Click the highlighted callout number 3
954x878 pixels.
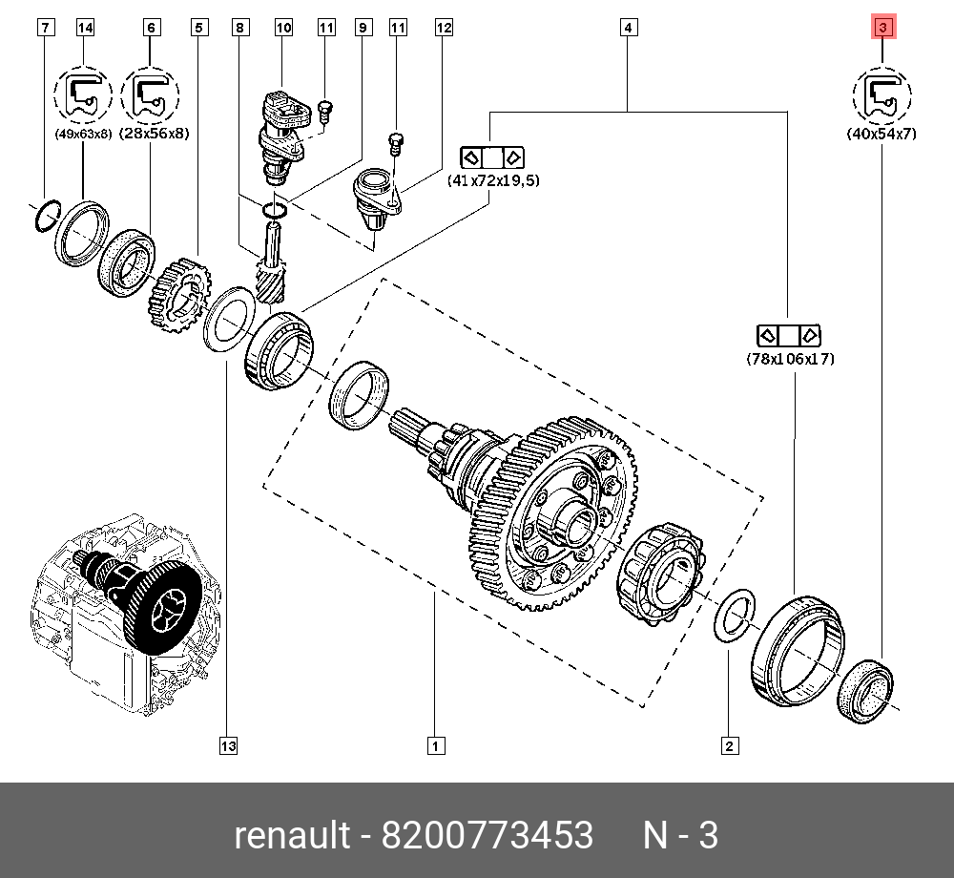click(x=881, y=29)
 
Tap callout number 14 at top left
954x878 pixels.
click(x=86, y=29)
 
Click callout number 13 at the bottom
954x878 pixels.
click(x=226, y=745)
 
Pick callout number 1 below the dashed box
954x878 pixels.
click(x=434, y=745)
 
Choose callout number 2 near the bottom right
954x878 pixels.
click(x=729, y=745)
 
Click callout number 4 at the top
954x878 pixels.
click(x=628, y=29)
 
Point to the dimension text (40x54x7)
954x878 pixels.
click(x=881, y=135)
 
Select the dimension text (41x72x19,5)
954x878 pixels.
click(x=492, y=179)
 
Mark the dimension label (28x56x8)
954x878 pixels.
click(x=152, y=135)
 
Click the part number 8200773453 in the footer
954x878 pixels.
click(x=487, y=835)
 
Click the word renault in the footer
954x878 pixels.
click(x=292, y=835)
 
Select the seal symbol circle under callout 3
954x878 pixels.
click(x=881, y=95)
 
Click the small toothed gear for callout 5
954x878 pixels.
click(x=178, y=296)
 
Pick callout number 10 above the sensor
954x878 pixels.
click(x=283, y=29)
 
